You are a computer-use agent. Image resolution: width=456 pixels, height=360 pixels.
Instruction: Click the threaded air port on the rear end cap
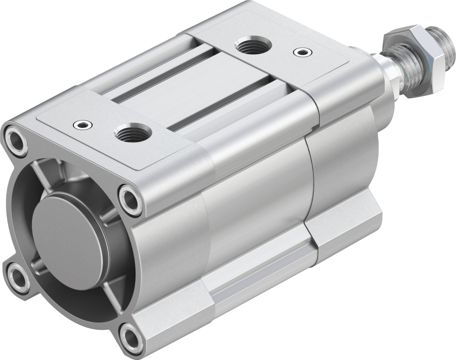pos(132,132)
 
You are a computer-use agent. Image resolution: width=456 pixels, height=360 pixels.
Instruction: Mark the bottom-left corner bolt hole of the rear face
pos(18,274)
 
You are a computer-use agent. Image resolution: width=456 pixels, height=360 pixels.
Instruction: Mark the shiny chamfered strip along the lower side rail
pos(259,277)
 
